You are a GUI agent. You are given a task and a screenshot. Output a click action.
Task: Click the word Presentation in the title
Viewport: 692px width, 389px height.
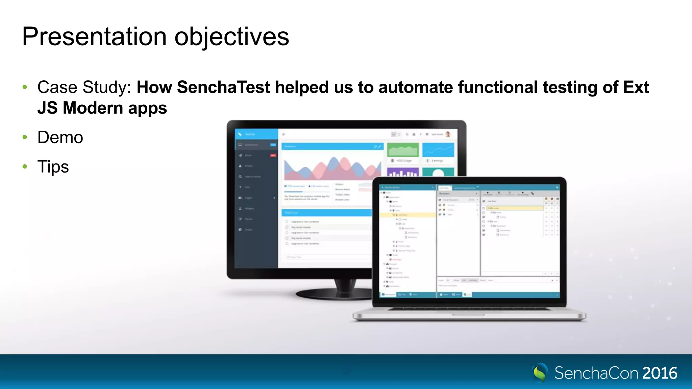(94, 36)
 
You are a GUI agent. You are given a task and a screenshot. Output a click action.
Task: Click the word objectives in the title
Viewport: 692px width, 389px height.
(231, 36)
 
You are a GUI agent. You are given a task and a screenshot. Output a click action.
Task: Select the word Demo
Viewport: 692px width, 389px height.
(60, 137)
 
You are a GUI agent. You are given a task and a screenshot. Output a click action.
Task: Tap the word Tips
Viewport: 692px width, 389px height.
(53, 167)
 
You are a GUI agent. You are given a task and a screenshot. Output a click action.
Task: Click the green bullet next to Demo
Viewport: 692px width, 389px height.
(25, 137)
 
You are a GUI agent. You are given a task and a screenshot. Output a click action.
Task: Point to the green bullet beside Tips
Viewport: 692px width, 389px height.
(25, 166)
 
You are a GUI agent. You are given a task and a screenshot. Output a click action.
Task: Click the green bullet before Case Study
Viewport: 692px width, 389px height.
(25, 87)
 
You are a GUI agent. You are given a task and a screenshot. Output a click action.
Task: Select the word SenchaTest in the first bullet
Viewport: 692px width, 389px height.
(223, 87)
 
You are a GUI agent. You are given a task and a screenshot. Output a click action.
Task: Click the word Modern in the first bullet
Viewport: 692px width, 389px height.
(93, 108)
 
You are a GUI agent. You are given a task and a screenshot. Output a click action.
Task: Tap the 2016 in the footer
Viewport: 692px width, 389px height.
(660, 373)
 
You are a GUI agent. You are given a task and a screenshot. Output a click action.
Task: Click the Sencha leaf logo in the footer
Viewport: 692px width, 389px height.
(540, 373)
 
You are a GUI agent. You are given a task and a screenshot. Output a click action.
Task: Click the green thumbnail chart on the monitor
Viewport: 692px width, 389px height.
(403, 150)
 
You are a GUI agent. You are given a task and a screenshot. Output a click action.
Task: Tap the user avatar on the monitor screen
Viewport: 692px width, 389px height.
(448, 134)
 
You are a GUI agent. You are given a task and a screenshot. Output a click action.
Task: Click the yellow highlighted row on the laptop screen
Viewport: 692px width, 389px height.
(407, 215)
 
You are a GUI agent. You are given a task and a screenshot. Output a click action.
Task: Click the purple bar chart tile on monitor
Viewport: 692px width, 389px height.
(403, 173)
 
